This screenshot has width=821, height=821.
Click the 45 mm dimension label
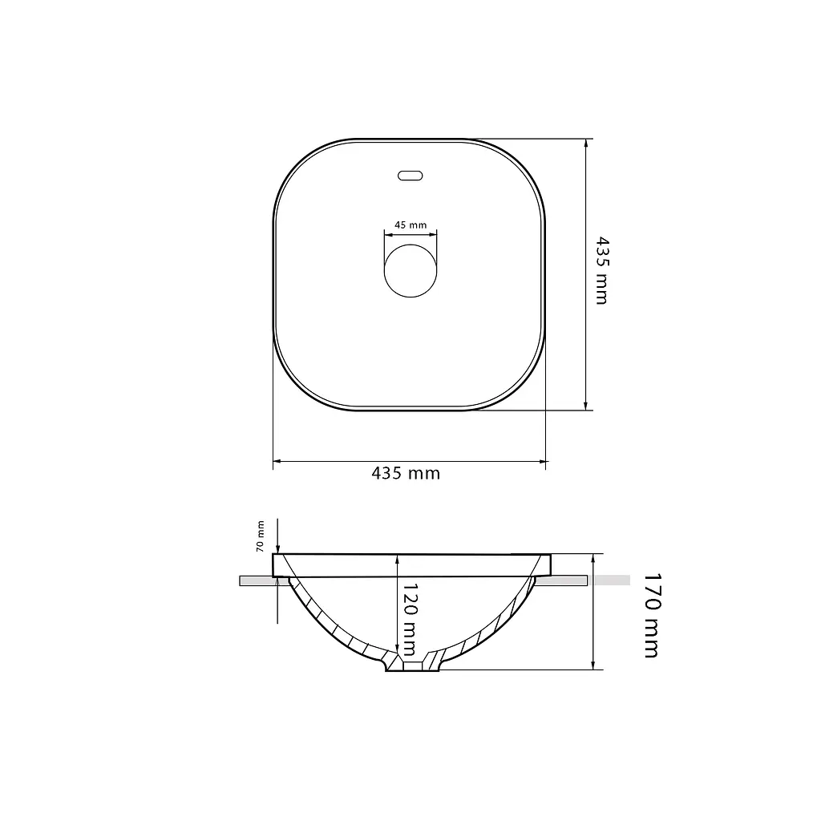[x=410, y=225]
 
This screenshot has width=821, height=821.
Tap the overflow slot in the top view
[x=410, y=176]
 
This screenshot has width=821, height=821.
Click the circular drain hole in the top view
[x=410, y=271]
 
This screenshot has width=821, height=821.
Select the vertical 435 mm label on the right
[x=603, y=271]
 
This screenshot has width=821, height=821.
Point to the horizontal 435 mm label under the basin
[x=406, y=473]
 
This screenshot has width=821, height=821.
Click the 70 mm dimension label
[x=261, y=536]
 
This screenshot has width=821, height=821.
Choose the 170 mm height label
[x=653, y=615]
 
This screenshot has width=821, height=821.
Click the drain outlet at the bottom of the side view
[x=412, y=666]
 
